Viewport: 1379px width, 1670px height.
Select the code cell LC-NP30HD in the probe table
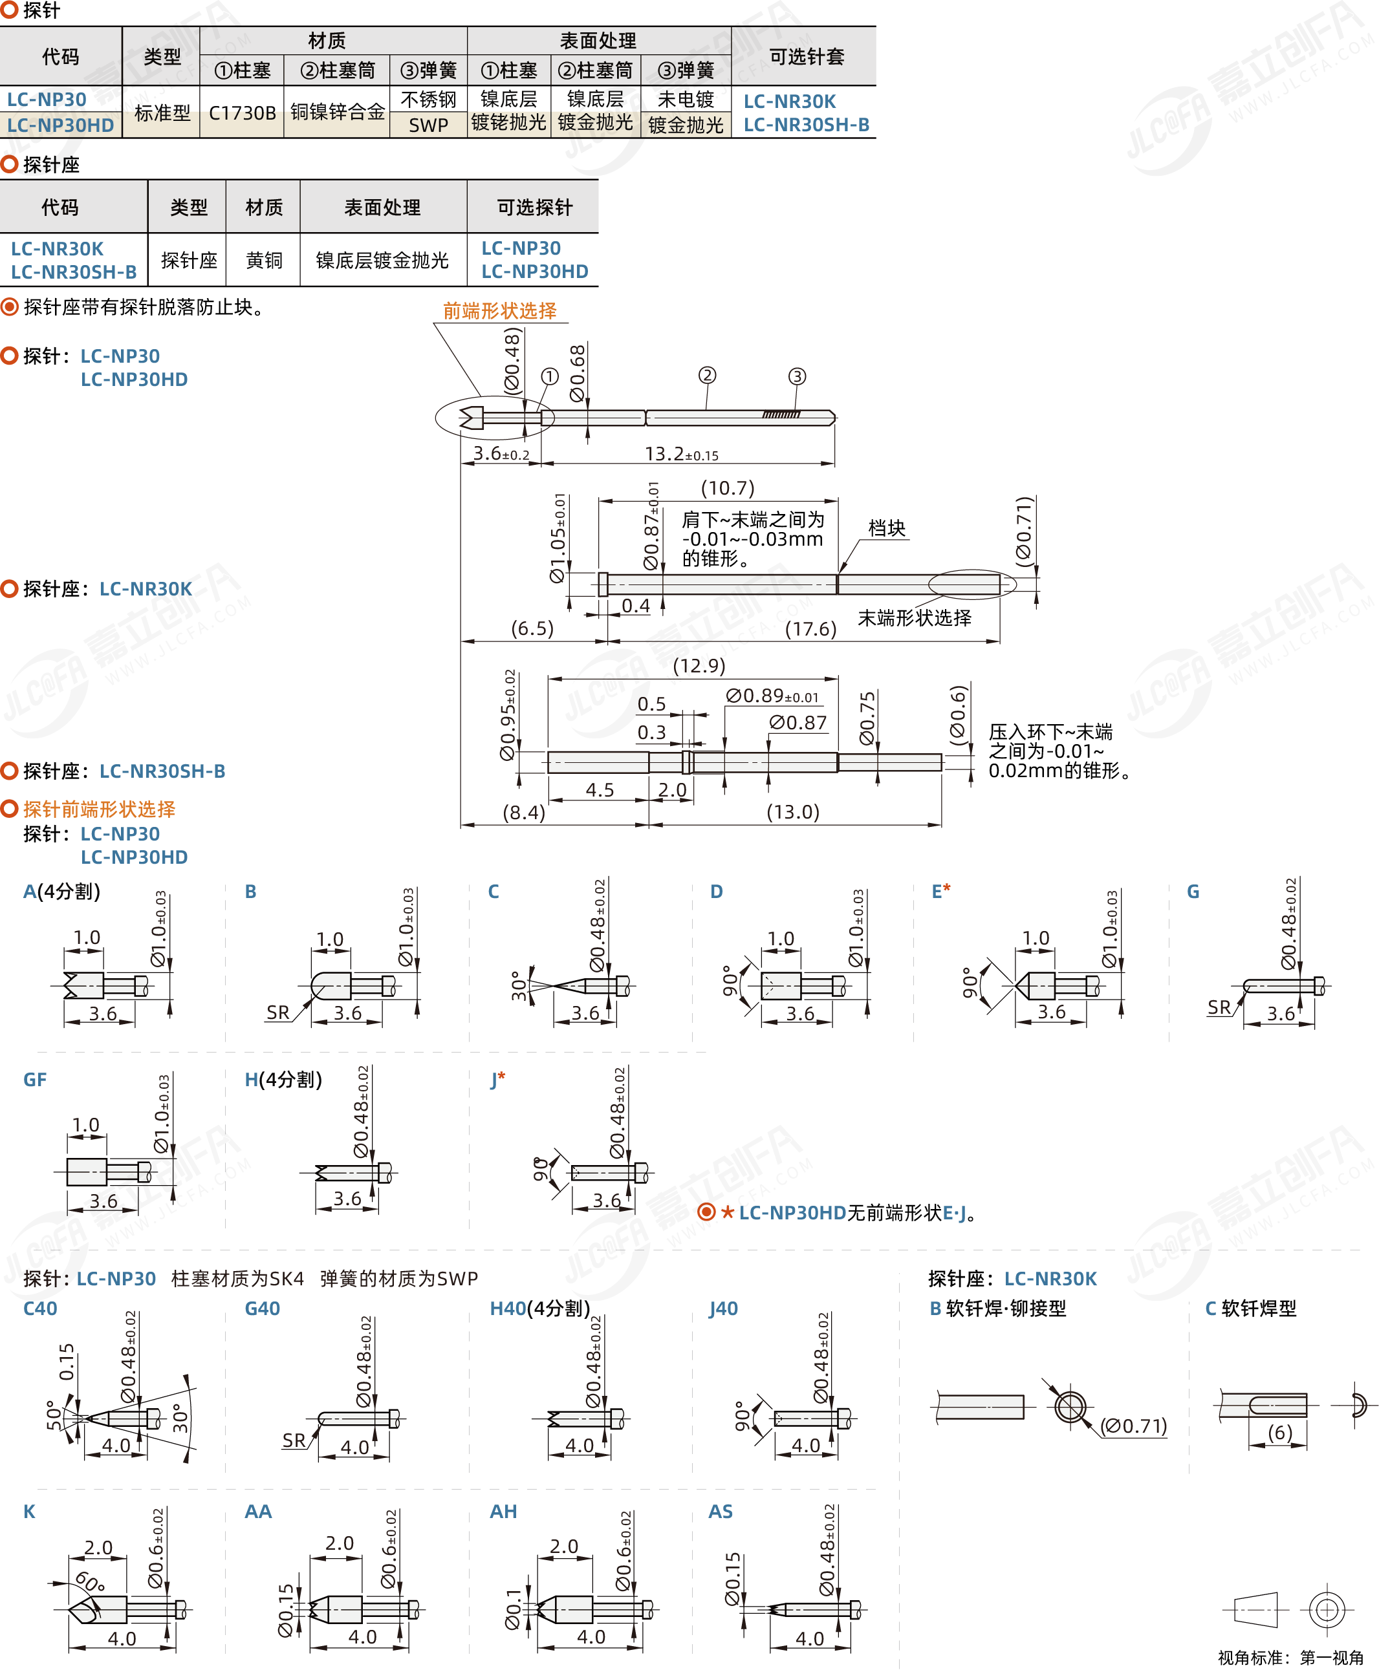(x=60, y=125)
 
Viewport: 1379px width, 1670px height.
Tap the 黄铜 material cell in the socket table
(x=264, y=261)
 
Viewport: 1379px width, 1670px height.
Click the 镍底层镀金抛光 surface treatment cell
(x=382, y=261)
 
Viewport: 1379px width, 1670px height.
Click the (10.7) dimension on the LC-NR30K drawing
(x=727, y=487)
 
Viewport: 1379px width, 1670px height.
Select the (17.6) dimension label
(x=810, y=630)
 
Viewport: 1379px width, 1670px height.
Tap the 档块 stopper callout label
(x=887, y=528)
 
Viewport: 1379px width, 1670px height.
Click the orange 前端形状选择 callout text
(x=499, y=310)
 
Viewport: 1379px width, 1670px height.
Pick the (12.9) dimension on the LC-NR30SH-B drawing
(x=699, y=665)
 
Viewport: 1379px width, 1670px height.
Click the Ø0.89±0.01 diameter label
(x=772, y=696)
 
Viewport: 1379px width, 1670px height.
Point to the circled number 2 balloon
(x=707, y=375)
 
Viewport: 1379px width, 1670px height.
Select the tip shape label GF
(x=35, y=1080)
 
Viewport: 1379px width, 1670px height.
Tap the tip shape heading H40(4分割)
(x=539, y=1309)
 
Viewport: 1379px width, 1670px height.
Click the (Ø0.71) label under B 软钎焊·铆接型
(x=1134, y=1426)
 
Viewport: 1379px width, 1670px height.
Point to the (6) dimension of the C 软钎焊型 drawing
(x=1279, y=1433)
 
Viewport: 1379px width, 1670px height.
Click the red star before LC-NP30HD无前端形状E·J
(x=728, y=1213)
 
